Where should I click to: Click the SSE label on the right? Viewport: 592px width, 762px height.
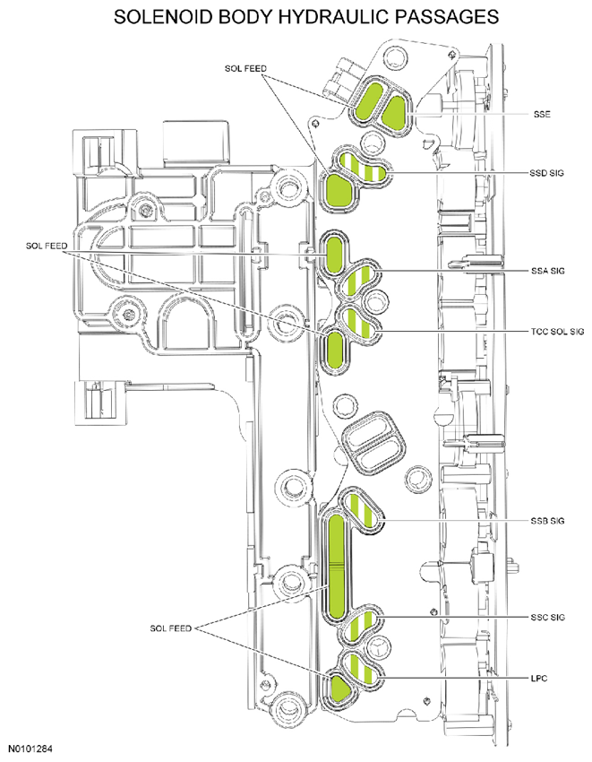[x=542, y=115]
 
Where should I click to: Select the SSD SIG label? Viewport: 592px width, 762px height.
[x=547, y=173]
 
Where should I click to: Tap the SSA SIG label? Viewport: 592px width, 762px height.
[x=548, y=271]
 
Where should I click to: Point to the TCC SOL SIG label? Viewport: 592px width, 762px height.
[x=557, y=332]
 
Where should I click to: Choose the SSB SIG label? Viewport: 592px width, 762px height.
[x=548, y=521]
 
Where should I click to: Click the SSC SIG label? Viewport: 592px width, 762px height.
[x=548, y=617]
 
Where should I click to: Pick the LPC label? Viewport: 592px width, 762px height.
[x=539, y=678]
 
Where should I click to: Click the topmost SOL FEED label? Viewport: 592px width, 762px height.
[x=245, y=69]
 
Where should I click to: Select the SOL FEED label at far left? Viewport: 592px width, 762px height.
[x=47, y=246]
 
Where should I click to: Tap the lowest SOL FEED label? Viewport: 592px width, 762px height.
[x=170, y=628]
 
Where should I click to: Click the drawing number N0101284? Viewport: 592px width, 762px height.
[x=30, y=749]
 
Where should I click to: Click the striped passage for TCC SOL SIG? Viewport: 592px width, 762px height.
[x=360, y=323]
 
